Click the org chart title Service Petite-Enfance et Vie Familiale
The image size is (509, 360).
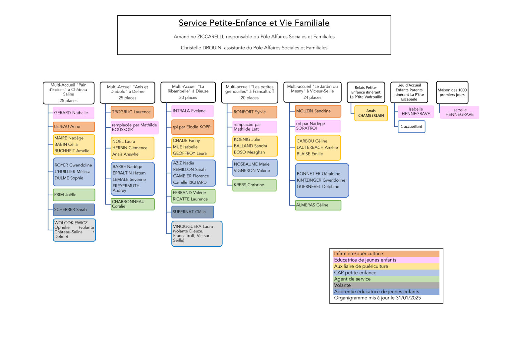(254, 23)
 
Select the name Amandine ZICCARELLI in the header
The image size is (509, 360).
(198, 36)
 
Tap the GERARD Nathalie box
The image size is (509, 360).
(73, 113)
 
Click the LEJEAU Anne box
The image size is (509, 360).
(74, 127)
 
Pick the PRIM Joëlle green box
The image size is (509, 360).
(74, 195)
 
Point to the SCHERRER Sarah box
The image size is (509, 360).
(74, 210)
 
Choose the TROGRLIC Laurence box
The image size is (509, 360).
(132, 112)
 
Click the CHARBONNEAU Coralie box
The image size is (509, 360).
(133, 204)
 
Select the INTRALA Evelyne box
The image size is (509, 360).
(192, 111)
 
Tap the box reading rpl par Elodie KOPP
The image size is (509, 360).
(193, 127)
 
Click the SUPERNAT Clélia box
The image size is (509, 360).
(193, 212)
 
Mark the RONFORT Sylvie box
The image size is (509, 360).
(255, 112)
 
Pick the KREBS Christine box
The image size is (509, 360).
(254, 185)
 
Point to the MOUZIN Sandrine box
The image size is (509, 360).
(318, 111)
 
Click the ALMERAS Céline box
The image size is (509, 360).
(318, 205)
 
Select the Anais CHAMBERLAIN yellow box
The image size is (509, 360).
(371, 113)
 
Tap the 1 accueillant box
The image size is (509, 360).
(411, 127)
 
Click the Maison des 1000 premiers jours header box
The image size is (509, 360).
(452, 92)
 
